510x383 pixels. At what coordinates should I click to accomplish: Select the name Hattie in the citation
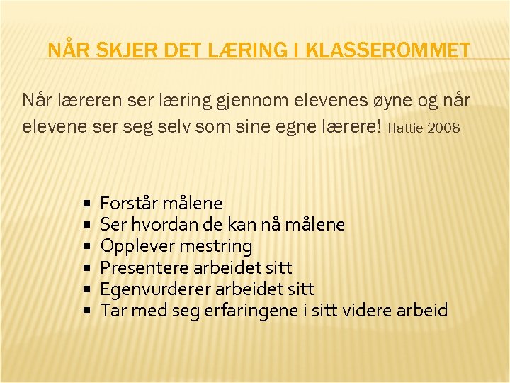tap(407, 129)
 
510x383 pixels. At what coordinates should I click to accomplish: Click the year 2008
tap(444, 129)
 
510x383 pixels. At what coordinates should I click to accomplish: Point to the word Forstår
tap(129, 204)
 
